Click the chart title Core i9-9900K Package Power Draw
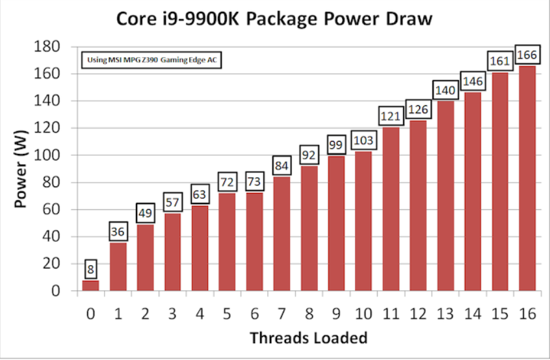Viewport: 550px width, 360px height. point(274,18)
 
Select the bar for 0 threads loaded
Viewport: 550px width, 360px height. point(90,285)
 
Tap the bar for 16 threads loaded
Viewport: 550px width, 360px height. point(527,178)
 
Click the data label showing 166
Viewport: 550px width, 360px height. point(527,55)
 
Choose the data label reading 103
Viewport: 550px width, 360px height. point(363,140)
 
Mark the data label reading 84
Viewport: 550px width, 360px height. point(282,166)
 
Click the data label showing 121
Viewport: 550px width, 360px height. point(391,116)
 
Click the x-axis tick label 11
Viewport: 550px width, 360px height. point(391,315)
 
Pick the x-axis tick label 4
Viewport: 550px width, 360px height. point(200,315)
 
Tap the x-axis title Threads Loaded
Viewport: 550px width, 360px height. point(308,338)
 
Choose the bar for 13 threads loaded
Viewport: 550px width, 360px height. point(445,196)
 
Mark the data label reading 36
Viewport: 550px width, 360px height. point(118,232)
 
